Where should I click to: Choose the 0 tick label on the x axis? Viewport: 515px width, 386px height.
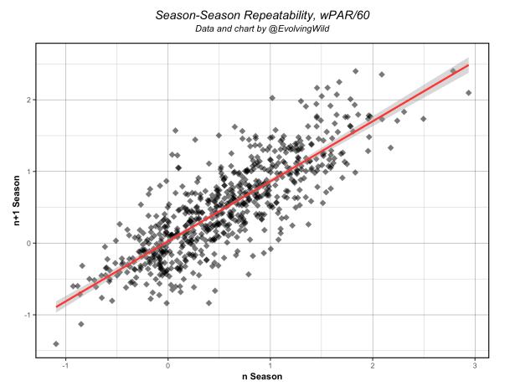(x=168, y=365)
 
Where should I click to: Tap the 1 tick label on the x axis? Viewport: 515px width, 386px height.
(x=270, y=365)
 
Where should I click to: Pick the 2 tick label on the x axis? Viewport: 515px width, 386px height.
(x=373, y=365)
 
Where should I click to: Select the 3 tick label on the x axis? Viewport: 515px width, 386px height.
(x=475, y=365)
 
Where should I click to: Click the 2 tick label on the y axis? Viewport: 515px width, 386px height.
(x=28, y=100)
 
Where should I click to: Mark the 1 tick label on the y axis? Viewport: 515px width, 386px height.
(x=28, y=172)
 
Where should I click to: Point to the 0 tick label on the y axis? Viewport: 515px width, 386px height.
(x=28, y=244)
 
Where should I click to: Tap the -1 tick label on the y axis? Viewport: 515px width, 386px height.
(x=27, y=316)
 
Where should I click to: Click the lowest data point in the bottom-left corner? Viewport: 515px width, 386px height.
(x=56, y=344)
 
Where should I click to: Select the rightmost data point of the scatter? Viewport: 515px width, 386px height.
(x=469, y=93)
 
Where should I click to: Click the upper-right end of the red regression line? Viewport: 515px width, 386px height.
(x=468, y=64)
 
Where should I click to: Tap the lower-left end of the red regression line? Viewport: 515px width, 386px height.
(x=56, y=306)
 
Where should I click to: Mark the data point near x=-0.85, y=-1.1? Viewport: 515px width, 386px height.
(x=81, y=324)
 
